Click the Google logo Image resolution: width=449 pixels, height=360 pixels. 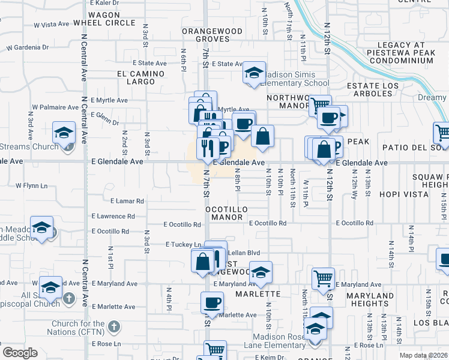(x=20, y=353)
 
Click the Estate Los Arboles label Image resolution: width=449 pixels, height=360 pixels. (x=373, y=90)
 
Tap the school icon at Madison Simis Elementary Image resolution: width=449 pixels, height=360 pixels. (x=254, y=73)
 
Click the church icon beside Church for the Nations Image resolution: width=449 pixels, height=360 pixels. (x=114, y=328)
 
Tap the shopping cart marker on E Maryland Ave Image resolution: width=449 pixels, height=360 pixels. (x=323, y=278)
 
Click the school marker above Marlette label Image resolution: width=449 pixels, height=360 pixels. (x=261, y=271)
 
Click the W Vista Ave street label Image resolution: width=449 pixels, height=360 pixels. (x=52, y=25)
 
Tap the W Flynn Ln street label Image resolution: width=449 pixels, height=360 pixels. (x=31, y=185)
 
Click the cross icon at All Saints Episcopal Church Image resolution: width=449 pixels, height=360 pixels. (x=69, y=298)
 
